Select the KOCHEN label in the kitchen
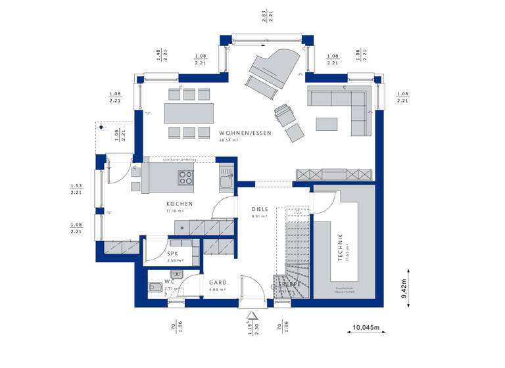click(179, 204)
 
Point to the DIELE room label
click(260, 209)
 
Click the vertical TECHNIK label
click(340, 248)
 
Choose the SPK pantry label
click(173, 254)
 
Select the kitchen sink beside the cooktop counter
click(226, 175)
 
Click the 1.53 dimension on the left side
click(76, 185)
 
